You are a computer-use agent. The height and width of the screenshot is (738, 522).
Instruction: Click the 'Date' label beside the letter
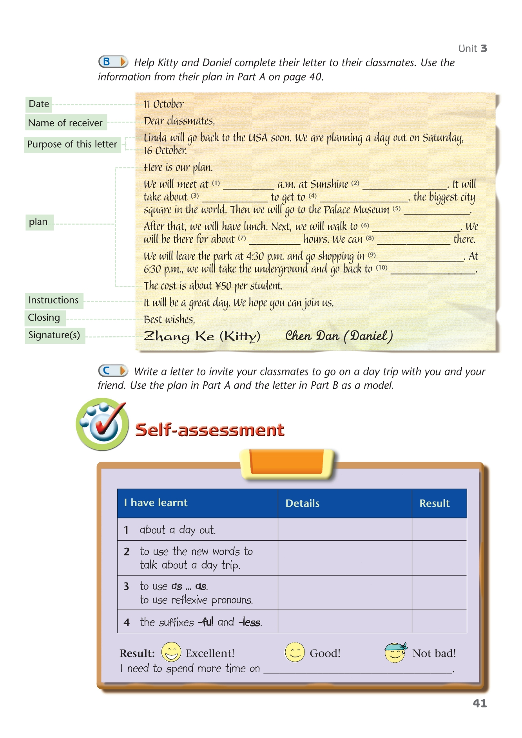pos(39,104)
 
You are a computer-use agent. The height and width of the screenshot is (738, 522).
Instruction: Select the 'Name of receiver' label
pos(65,123)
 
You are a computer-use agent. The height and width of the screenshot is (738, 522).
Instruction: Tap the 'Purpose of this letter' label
pos(72,144)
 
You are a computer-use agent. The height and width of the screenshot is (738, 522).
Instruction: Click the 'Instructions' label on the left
pos(54,300)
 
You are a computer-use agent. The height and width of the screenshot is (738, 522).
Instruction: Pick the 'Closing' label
pos(44,318)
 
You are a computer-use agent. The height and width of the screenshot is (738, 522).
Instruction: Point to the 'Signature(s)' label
pos(54,335)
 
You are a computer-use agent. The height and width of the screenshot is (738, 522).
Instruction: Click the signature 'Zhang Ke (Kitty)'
pos(201,336)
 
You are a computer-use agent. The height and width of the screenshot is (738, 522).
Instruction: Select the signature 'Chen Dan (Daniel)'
pos(339,336)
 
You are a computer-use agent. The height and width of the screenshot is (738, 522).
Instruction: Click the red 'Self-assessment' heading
pos(210,430)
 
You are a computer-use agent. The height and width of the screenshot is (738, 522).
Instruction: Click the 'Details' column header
pos(303,503)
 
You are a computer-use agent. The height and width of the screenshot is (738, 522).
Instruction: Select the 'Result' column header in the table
pos(435,503)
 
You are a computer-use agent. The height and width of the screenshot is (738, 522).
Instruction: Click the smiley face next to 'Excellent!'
pos(171,652)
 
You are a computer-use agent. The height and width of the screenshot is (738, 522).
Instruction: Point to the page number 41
pos(480,704)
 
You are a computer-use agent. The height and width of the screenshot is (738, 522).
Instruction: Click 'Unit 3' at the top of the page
pos(473,49)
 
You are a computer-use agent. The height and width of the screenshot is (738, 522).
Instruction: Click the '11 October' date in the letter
pos(163,104)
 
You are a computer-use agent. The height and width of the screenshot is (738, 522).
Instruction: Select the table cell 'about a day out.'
pos(178,530)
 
